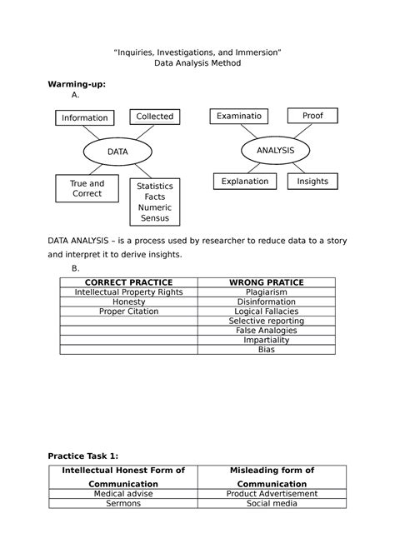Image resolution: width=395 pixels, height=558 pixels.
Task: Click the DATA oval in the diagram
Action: pyautogui.click(x=118, y=152)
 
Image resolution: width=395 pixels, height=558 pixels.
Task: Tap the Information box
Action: pyautogui.click(x=84, y=117)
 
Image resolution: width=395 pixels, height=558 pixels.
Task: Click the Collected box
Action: pyautogui.click(x=155, y=117)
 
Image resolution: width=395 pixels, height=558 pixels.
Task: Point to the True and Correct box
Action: pyautogui.click(x=87, y=189)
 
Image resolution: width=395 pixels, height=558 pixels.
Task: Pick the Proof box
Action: pyautogui.click(x=312, y=116)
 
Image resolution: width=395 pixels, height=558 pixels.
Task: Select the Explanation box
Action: pyautogui.click(x=245, y=181)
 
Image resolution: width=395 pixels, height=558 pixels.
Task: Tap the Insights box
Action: pyautogui.click(x=312, y=181)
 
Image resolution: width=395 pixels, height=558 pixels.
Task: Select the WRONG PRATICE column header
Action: pyautogui.click(x=266, y=283)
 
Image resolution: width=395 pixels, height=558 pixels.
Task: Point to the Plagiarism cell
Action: pyautogui.click(x=266, y=292)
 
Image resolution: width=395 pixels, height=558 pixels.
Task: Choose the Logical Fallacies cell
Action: pyautogui.click(x=266, y=311)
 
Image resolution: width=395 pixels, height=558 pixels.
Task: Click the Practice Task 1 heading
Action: pyautogui.click(x=83, y=456)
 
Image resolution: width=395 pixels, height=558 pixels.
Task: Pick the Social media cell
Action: pyautogui.click(x=272, y=503)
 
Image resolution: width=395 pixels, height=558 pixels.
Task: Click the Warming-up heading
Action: pyautogui.click(x=76, y=85)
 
